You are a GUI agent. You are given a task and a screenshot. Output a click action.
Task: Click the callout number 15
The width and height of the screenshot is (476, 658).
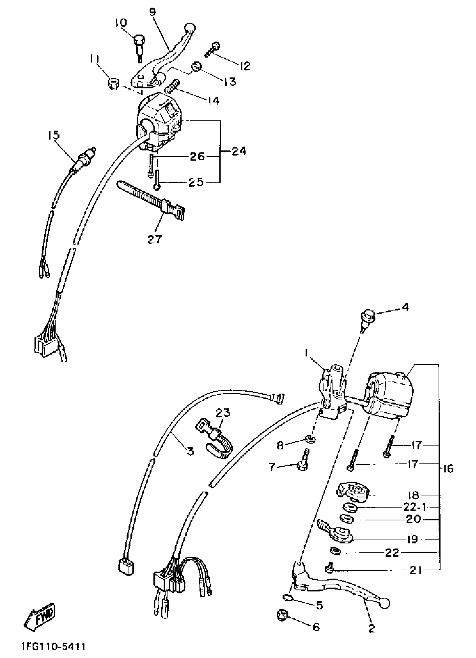pos(54,135)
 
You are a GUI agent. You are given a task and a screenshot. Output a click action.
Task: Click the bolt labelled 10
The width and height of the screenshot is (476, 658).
pos(139,47)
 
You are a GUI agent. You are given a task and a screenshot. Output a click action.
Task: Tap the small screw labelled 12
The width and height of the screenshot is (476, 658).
pos(212,50)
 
